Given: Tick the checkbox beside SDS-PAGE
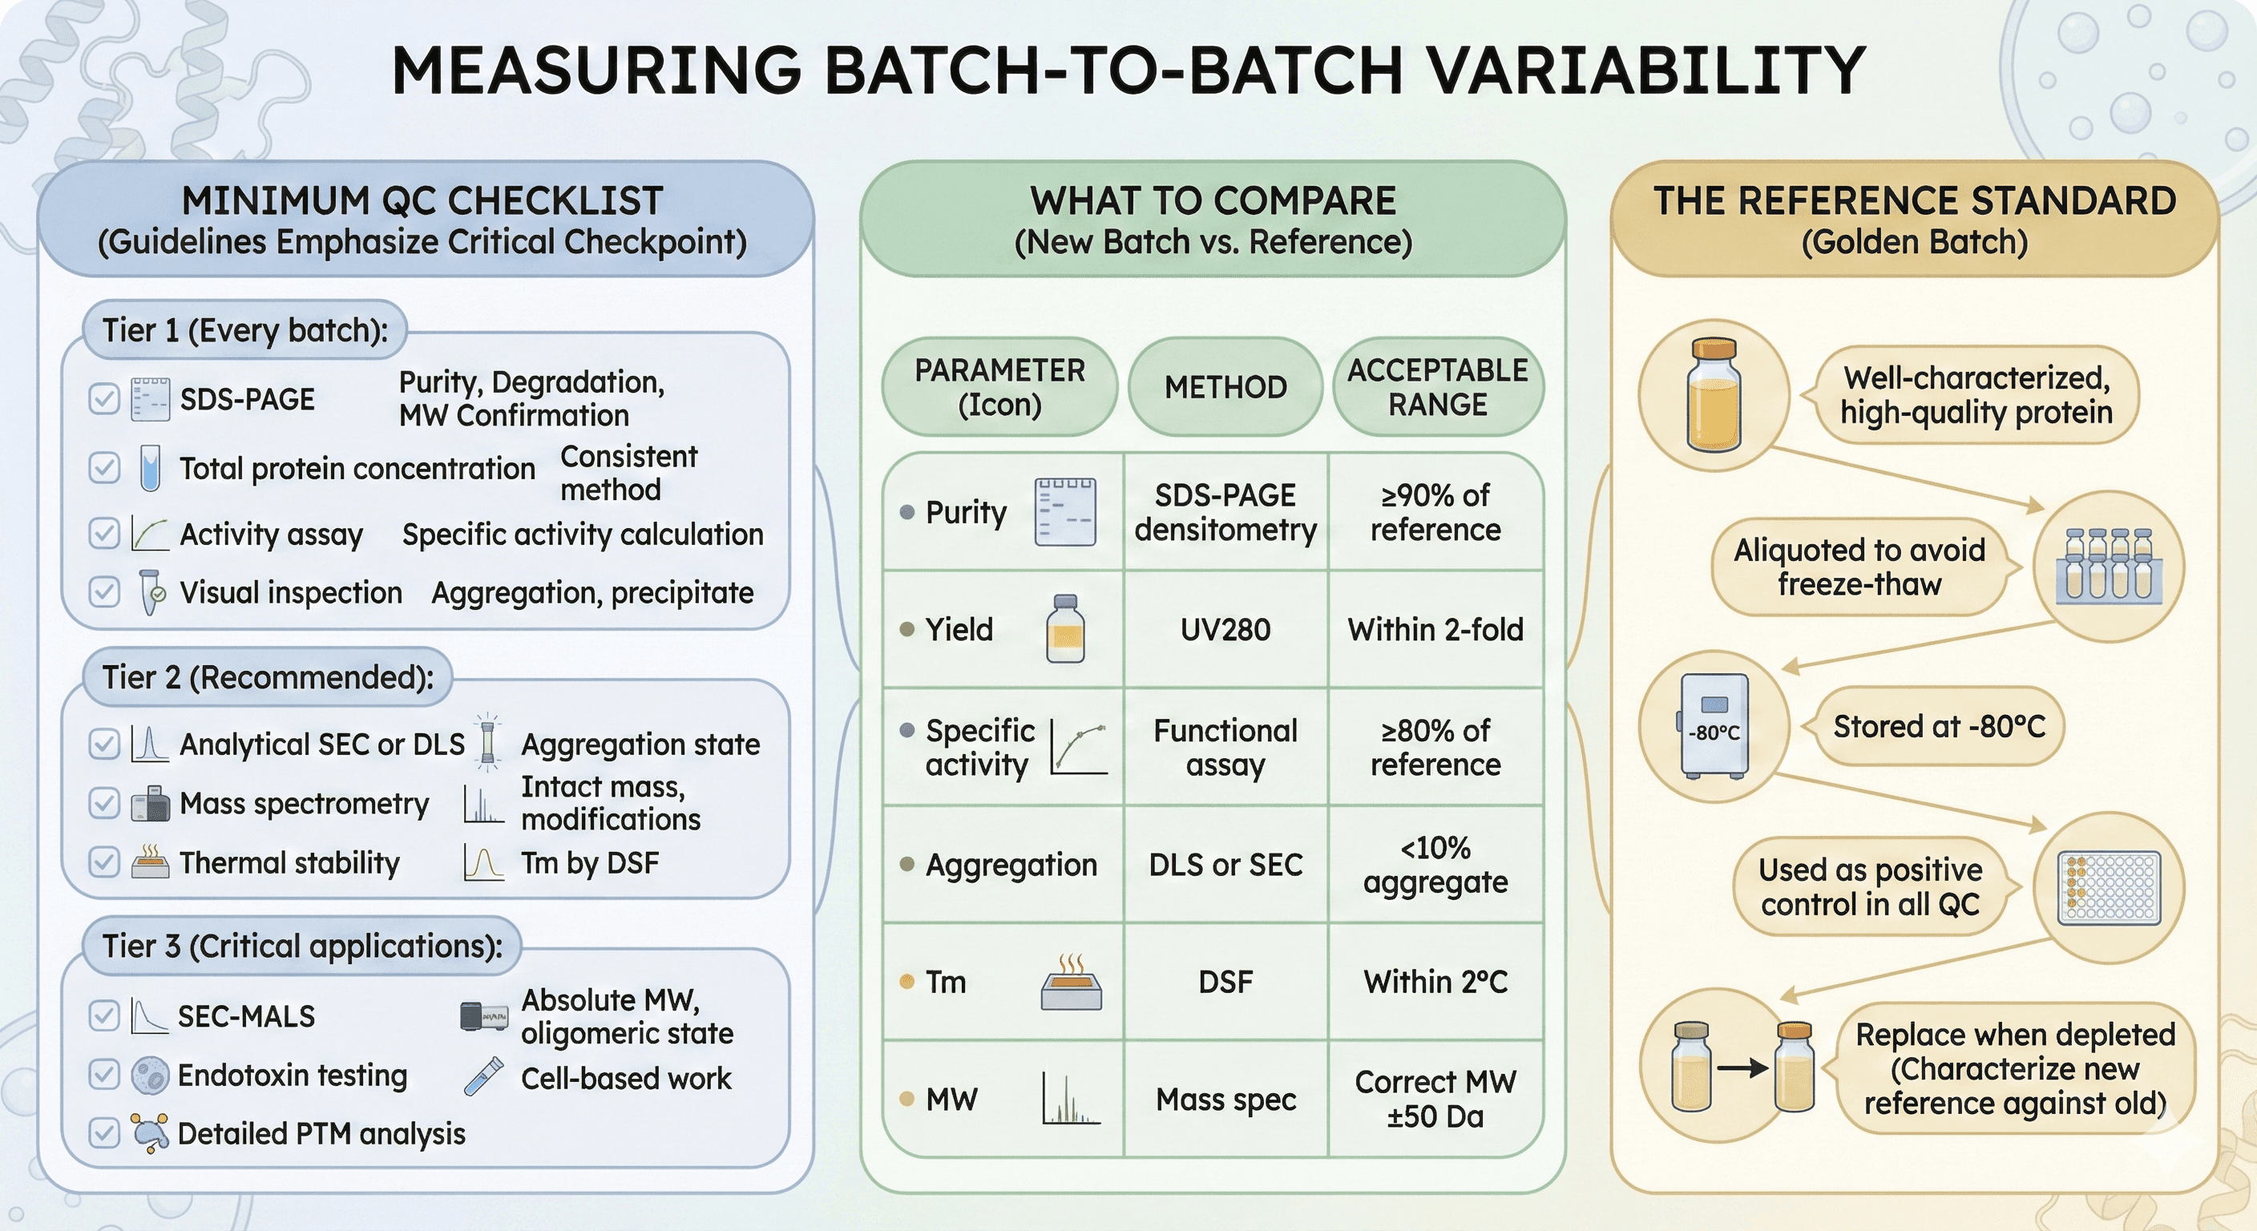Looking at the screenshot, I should point(104,400).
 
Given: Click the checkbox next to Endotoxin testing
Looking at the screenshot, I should point(104,1074).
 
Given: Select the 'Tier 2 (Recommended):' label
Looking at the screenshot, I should point(267,677).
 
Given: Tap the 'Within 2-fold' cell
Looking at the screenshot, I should point(1435,629).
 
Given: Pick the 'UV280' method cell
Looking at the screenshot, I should point(1225,629).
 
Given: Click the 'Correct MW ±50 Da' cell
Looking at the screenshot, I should point(1435,1099).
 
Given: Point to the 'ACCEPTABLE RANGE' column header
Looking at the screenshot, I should point(1437,387).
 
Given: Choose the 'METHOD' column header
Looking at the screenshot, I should point(1225,387).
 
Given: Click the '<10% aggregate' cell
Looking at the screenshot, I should point(1435,865).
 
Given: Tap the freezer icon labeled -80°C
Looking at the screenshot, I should point(1714,726).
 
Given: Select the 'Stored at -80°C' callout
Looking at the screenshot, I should point(1939,726).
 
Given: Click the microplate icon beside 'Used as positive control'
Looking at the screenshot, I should point(2109,887).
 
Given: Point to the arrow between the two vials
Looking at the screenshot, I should point(1742,1068).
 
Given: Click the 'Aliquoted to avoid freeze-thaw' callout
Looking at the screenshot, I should point(1859,567).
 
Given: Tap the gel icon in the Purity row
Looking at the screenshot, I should point(1064,513).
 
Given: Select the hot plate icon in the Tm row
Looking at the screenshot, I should point(1071,983).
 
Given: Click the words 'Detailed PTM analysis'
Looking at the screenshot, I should point(321,1134).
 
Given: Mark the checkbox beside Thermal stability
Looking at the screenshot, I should point(104,863).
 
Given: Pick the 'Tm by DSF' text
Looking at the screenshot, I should point(590,863).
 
